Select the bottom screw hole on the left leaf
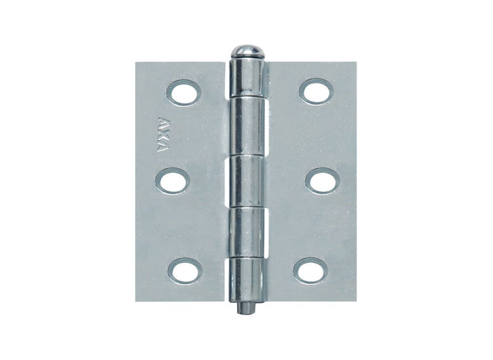coord(184,271)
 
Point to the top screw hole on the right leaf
coord(316,91)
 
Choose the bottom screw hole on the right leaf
coord(310,271)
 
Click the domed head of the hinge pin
coord(248,52)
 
